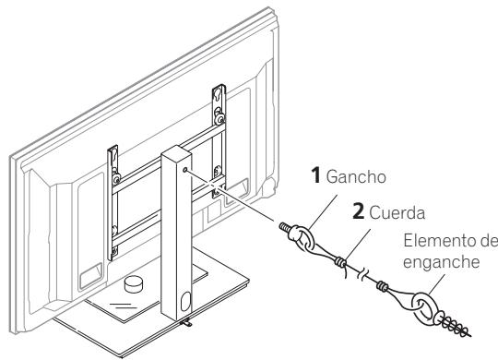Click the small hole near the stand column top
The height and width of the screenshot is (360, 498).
click(187, 170)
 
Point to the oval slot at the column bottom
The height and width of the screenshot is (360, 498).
click(184, 301)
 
